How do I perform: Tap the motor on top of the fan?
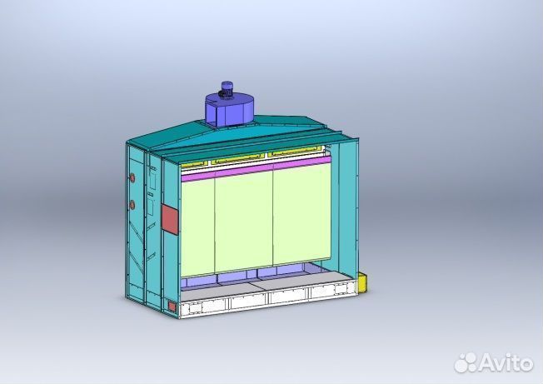(227, 87)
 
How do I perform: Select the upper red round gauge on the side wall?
(132, 177)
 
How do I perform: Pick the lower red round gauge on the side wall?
(132, 204)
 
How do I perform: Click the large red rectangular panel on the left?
(169, 218)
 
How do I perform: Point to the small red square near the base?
(172, 307)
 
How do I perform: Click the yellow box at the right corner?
(364, 283)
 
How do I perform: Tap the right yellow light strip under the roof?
(296, 154)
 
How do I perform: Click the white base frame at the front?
(267, 297)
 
